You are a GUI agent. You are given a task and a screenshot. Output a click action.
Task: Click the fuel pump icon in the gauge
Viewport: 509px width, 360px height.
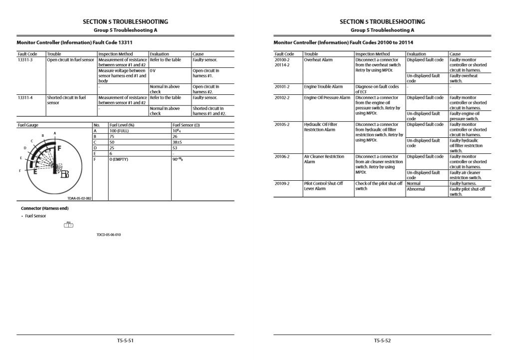pyautogui.click(x=64, y=174)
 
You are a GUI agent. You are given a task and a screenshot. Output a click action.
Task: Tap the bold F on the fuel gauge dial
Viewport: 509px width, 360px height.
pyautogui.click(x=59, y=148)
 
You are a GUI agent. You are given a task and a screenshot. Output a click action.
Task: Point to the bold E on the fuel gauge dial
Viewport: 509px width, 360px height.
pyautogui.click(x=35, y=172)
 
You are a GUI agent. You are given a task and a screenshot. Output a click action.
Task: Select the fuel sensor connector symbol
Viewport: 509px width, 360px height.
pyautogui.click(x=68, y=225)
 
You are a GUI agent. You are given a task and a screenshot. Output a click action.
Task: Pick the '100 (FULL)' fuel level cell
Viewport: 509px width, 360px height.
pyautogui.click(x=119, y=130)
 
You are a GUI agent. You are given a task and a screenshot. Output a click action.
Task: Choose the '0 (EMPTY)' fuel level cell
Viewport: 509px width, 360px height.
pyautogui.click(x=119, y=159)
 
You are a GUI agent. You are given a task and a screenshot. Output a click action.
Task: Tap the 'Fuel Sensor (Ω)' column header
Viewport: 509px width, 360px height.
pyautogui.click(x=185, y=125)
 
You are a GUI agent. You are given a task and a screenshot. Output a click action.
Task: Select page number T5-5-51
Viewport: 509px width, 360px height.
pyautogui.click(x=125, y=341)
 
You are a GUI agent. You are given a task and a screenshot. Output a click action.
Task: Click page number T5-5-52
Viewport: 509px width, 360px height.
pyautogui.click(x=382, y=341)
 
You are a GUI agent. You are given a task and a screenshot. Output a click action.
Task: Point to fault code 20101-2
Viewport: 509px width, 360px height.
pyautogui.click(x=282, y=87)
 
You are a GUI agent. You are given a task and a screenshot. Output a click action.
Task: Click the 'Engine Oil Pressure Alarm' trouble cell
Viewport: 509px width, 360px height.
pyautogui.click(x=327, y=98)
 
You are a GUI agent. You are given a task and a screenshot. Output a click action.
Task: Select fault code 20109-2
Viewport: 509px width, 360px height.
pyautogui.click(x=282, y=183)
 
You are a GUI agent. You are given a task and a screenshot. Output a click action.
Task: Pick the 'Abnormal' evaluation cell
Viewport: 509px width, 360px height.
pyautogui.click(x=417, y=189)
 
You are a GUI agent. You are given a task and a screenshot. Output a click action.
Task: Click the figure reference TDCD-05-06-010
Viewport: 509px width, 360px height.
pyautogui.click(x=109, y=235)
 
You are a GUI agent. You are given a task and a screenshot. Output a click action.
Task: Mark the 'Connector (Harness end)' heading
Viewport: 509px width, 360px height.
pyautogui.click(x=44, y=208)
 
